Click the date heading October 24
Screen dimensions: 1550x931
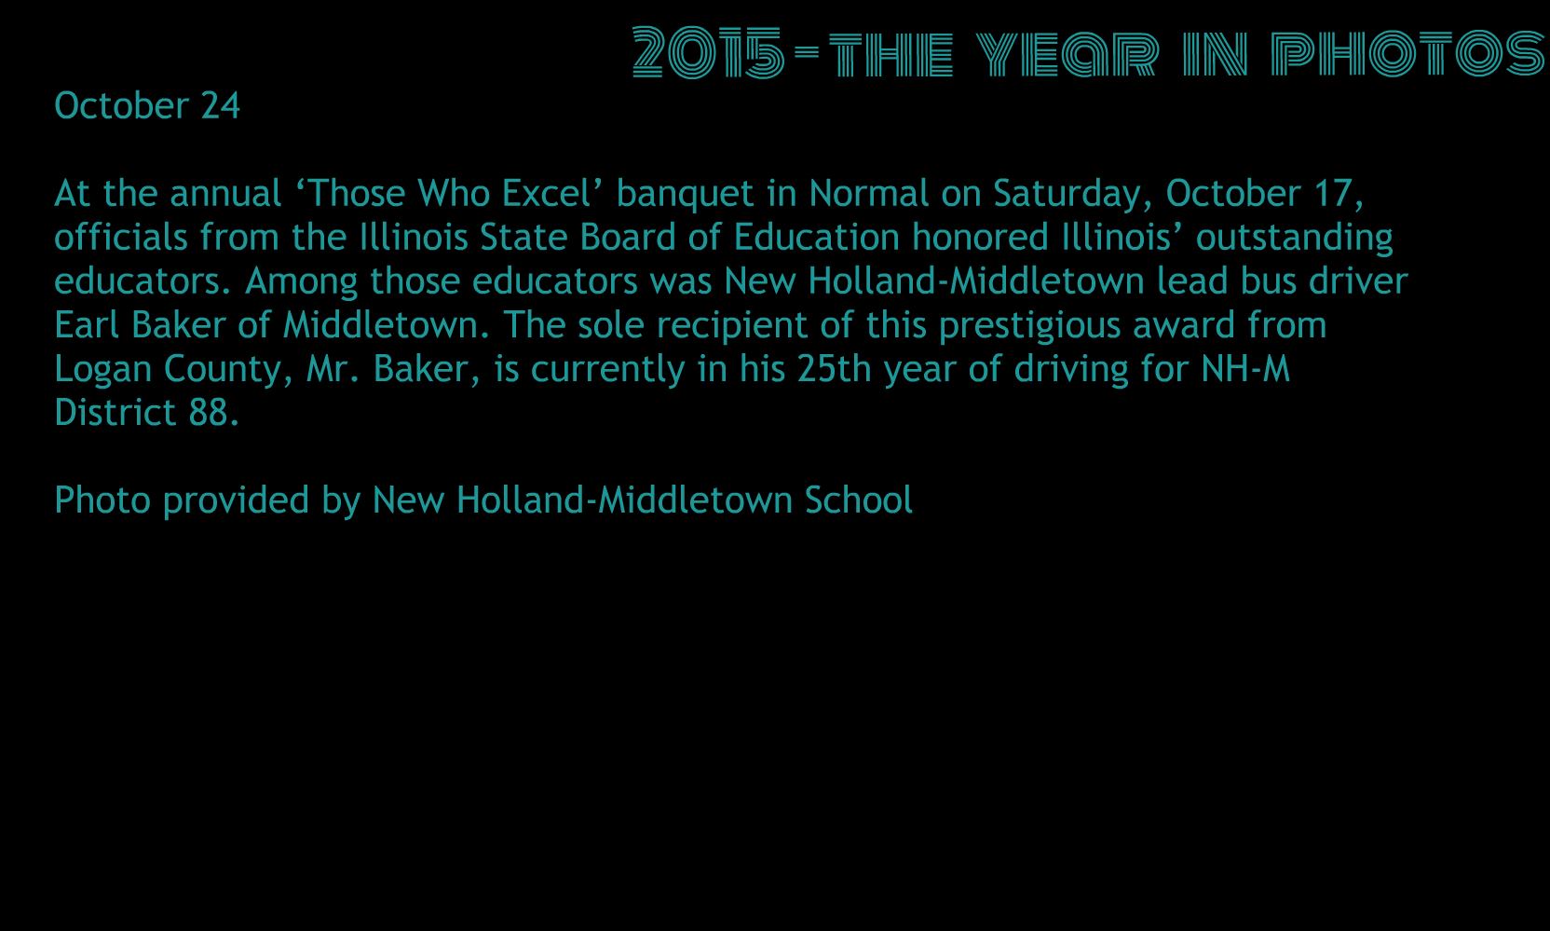(x=147, y=106)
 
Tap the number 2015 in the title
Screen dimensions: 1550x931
(x=709, y=52)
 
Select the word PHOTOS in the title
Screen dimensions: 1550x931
(x=1407, y=52)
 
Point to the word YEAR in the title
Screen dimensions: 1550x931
(x=1067, y=53)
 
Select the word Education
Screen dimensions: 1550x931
(x=817, y=238)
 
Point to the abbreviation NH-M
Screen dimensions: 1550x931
(x=1245, y=368)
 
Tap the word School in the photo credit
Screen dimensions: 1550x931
(x=858, y=500)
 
